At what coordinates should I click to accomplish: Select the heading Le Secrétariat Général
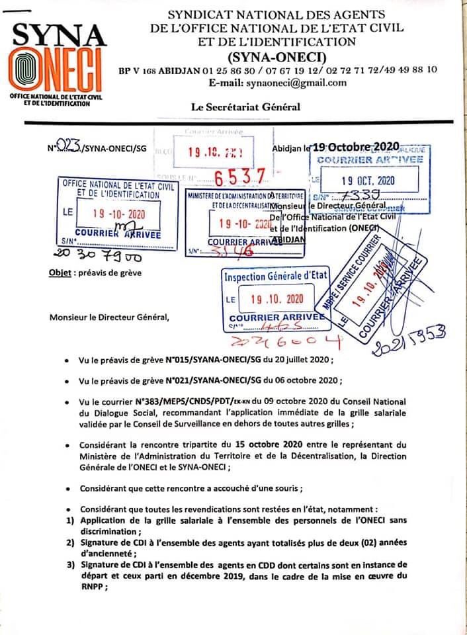(245, 106)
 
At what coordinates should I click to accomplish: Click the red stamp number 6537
(241, 176)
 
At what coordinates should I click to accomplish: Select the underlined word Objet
(60, 273)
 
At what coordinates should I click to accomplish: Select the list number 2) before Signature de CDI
(70, 543)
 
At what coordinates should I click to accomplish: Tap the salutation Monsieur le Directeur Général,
(109, 317)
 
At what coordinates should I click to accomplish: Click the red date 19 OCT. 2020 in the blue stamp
(368, 180)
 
